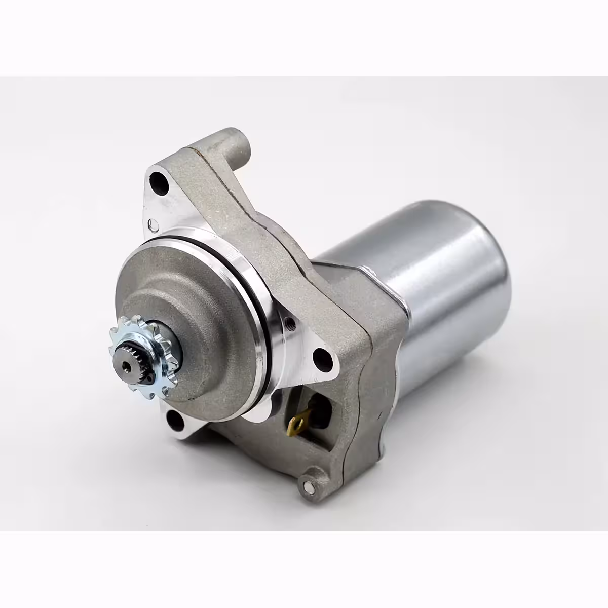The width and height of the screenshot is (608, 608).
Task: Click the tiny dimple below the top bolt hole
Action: pos(150,223)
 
